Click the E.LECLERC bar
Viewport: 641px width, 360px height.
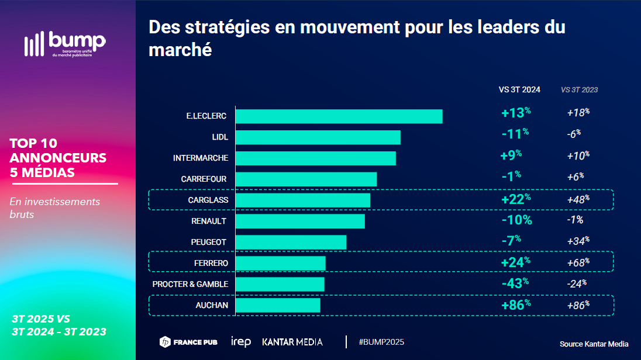pos(339,116)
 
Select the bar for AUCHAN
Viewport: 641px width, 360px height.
pos(278,305)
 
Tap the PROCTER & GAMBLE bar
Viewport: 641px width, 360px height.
pos(280,284)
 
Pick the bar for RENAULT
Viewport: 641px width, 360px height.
pos(300,221)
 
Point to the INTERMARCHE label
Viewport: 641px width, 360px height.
pos(201,158)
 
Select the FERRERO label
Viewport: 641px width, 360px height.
pos(211,263)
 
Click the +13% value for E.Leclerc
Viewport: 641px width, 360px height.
pos(515,112)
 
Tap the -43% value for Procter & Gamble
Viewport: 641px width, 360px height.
pos(515,283)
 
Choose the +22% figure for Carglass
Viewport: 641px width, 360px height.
pos(516,199)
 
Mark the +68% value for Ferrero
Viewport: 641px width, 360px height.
pos(578,263)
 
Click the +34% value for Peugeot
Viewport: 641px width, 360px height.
pos(578,241)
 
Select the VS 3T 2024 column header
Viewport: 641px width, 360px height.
pos(519,90)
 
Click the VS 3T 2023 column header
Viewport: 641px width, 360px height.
pos(579,90)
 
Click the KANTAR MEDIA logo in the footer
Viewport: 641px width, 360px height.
pos(292,342)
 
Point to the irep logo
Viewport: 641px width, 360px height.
pos(241,342)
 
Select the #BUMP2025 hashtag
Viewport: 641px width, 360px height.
pos(381,342)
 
